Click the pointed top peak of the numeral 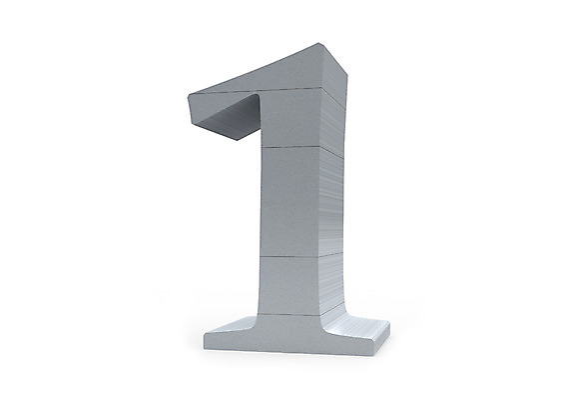pos(319,43)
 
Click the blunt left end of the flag pos(192,109)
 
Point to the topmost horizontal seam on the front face pos(261,90)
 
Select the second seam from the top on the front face pos(291,147)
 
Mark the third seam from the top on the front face pos(289,256)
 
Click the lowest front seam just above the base pos(288,314)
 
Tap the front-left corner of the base pos(205,347)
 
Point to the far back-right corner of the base pos(388,322)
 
